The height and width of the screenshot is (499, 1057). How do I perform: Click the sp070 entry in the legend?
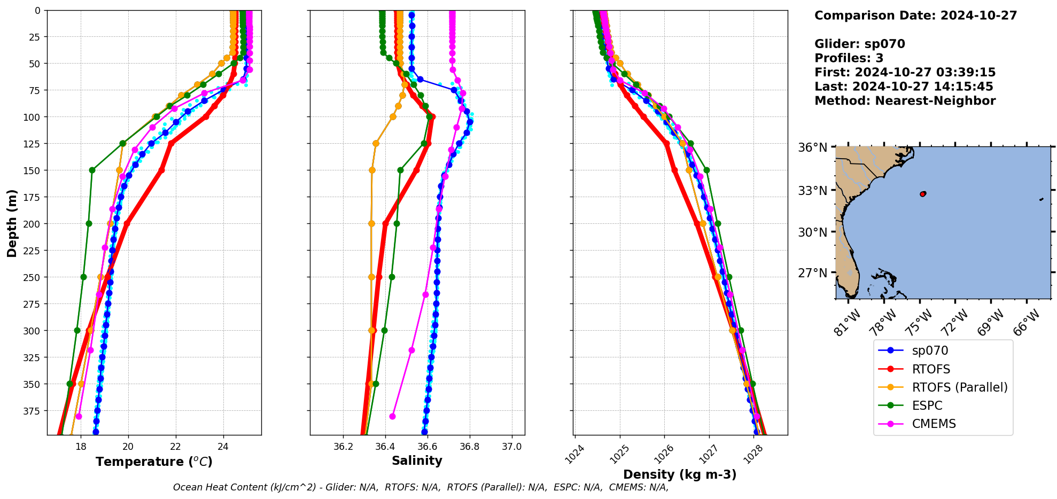930,351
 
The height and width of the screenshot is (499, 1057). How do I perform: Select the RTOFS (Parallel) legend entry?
959,387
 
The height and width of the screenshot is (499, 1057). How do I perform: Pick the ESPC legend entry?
927,406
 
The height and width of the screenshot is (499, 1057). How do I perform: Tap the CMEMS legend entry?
934,424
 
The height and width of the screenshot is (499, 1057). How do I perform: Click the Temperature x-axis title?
154,462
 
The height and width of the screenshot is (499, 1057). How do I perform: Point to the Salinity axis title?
417,461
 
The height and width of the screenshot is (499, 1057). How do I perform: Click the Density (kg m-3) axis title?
680,474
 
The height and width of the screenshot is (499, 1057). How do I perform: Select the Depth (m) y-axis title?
12,223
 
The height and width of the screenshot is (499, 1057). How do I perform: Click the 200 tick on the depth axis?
33,224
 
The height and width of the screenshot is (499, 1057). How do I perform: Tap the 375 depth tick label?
33,411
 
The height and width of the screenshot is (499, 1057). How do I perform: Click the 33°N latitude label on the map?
812,191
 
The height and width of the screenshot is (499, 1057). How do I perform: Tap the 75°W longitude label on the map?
919,322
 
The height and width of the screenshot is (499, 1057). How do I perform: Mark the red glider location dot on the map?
923,193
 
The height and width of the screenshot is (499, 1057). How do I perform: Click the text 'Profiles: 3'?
849,58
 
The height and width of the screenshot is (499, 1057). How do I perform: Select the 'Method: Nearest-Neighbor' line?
905,101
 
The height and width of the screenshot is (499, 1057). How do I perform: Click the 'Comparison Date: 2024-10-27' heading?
915,15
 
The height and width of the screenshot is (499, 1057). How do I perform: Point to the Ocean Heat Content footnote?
421,487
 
